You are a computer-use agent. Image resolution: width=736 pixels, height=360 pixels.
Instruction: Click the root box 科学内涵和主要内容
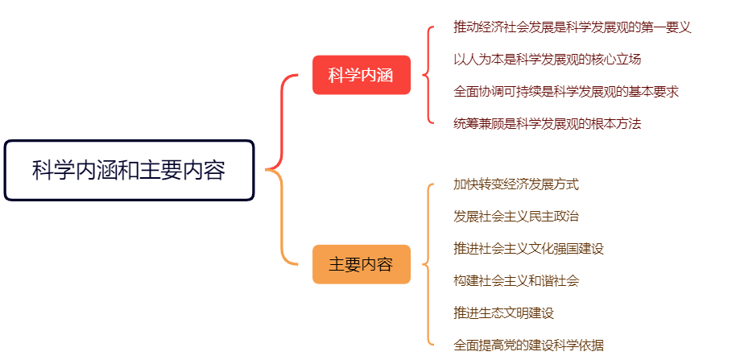click(129, 170)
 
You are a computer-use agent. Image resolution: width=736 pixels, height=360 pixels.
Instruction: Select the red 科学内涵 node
click(361, 76)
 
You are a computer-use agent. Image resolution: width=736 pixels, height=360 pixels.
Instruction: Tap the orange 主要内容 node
click(361, 264)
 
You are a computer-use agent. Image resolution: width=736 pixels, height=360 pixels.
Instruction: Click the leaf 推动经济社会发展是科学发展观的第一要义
click(572, 27)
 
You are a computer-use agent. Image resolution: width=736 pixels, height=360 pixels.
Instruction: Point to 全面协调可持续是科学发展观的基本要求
click(565, 91)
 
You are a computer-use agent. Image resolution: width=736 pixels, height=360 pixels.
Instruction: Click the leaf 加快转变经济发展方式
click(515, 184)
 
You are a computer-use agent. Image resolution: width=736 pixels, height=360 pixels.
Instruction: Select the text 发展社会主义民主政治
click(515, 216)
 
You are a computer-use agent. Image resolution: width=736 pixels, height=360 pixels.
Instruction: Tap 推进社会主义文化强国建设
click(528, 248)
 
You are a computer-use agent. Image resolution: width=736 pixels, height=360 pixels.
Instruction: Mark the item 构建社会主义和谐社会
click(515, 280)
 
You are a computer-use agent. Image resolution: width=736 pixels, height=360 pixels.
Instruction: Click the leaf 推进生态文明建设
click(503, 312)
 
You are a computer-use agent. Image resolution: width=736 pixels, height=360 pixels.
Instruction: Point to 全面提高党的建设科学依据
click(528, 345)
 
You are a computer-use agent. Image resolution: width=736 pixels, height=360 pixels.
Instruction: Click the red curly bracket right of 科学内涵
click(428, 75)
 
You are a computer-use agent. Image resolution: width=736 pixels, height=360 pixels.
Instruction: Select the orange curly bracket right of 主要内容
click(428, 264)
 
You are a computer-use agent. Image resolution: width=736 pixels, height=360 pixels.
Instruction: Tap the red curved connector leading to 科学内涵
click(282, 121)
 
